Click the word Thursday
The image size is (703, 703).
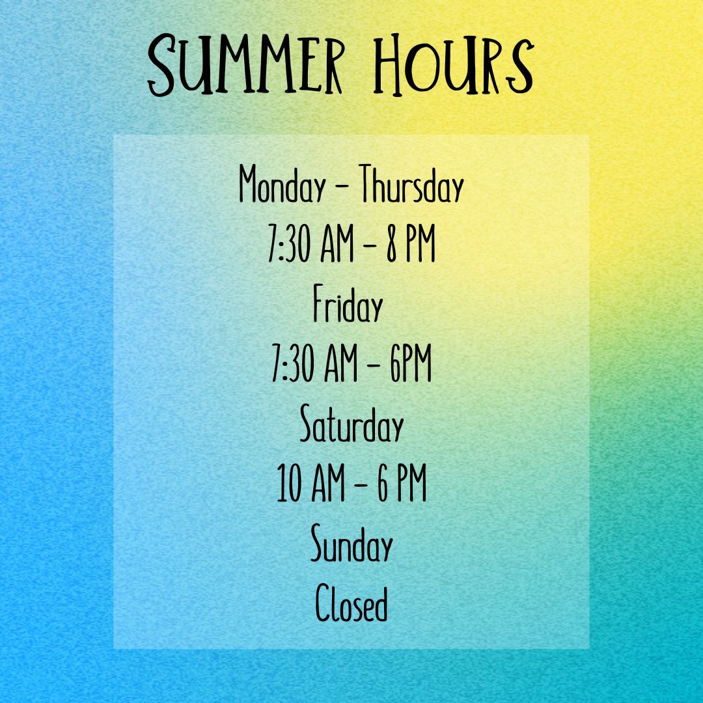click(412, 186)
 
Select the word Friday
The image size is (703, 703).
click(346, 307)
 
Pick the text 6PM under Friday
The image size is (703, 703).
click(411, 367)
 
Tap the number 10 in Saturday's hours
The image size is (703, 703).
click(290, 486)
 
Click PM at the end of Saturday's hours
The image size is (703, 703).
click(411, 486)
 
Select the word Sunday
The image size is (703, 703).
click(351, 547)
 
